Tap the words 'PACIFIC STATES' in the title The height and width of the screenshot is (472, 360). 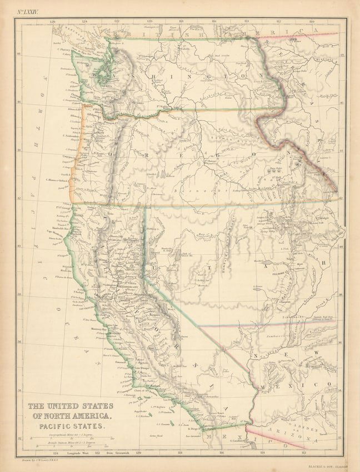(70, 426)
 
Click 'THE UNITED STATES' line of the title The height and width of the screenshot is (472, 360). (71, 406)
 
